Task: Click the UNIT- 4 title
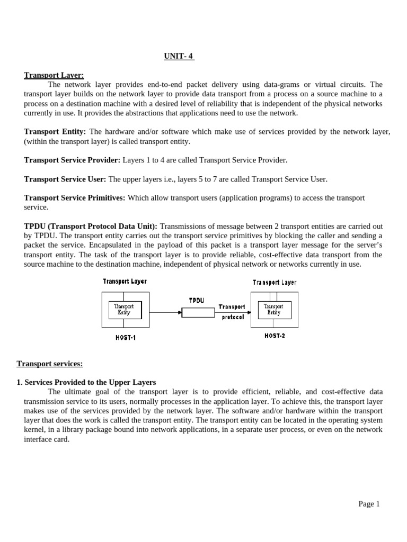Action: [179, 57]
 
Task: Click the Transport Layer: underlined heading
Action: [54, 75]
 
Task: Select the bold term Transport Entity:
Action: [56, 131]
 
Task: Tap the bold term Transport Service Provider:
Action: [72, 160]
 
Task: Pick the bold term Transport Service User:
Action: [65, 179]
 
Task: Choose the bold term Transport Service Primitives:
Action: [74, 197]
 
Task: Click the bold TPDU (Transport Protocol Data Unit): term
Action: [91, 226]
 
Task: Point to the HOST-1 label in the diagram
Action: [126, 337]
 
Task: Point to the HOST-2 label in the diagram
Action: [275, 336]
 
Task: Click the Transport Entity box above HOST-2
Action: [273, 309]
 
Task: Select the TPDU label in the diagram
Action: [196, 300]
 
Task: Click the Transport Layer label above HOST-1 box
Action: [125, 282]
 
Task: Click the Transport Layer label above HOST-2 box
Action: [275, 283]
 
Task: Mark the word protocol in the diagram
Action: [233, 318]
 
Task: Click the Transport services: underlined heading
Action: [50, 363]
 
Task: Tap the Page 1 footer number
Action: [369, 504]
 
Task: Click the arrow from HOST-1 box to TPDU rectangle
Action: [165, 312]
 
